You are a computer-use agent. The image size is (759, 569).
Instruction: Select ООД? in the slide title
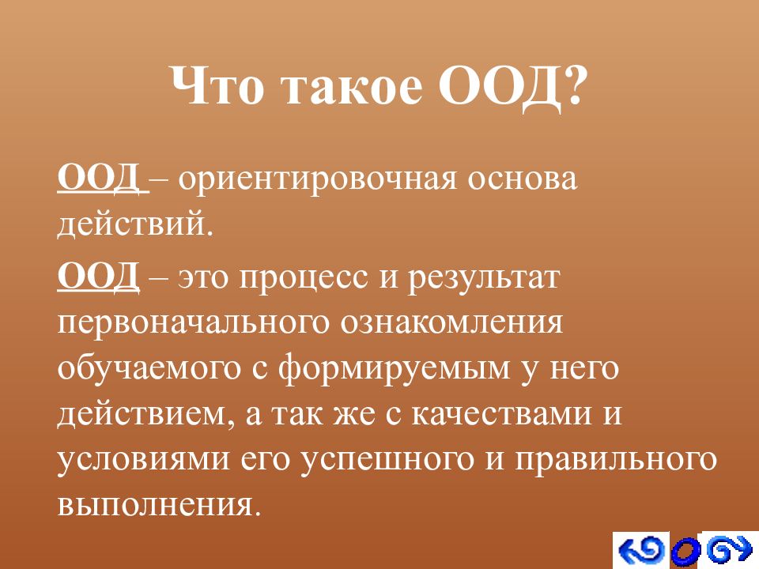click(512, 87)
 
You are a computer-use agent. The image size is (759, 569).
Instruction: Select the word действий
click(135, 225)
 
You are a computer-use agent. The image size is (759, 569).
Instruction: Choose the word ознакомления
click(451, 323)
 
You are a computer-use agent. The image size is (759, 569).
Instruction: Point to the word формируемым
click(395, 369)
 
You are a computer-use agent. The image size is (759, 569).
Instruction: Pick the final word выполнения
click(156, 505)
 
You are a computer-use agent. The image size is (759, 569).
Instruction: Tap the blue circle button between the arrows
click(686, 552)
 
